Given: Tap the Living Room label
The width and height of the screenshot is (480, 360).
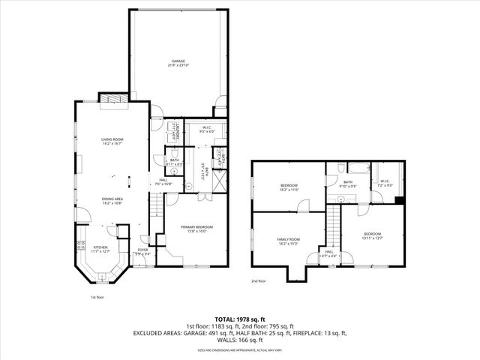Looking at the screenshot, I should tap(112, 140).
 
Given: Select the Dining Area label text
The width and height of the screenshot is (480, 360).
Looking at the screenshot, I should tap(112, 200).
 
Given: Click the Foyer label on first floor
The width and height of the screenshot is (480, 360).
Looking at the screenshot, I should tap(142, 251).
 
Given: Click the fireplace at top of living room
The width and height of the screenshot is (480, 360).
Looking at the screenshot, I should tap(112, 99).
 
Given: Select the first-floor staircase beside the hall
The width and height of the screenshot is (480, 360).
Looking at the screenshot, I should tap(155, 214).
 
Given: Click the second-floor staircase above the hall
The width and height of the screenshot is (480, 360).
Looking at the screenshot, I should tap(330, 229).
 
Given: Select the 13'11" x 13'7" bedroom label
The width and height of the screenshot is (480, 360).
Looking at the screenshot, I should tap(373, 235).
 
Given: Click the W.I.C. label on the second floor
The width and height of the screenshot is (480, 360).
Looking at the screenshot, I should tap(385, 181).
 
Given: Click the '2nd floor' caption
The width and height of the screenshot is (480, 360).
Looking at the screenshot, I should tap(259, 281).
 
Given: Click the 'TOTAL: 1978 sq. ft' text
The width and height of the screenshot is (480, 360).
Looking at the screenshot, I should tap(240, 319).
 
